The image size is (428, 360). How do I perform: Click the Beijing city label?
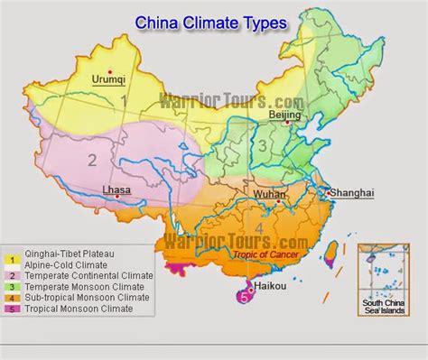(x=285, y=115)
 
